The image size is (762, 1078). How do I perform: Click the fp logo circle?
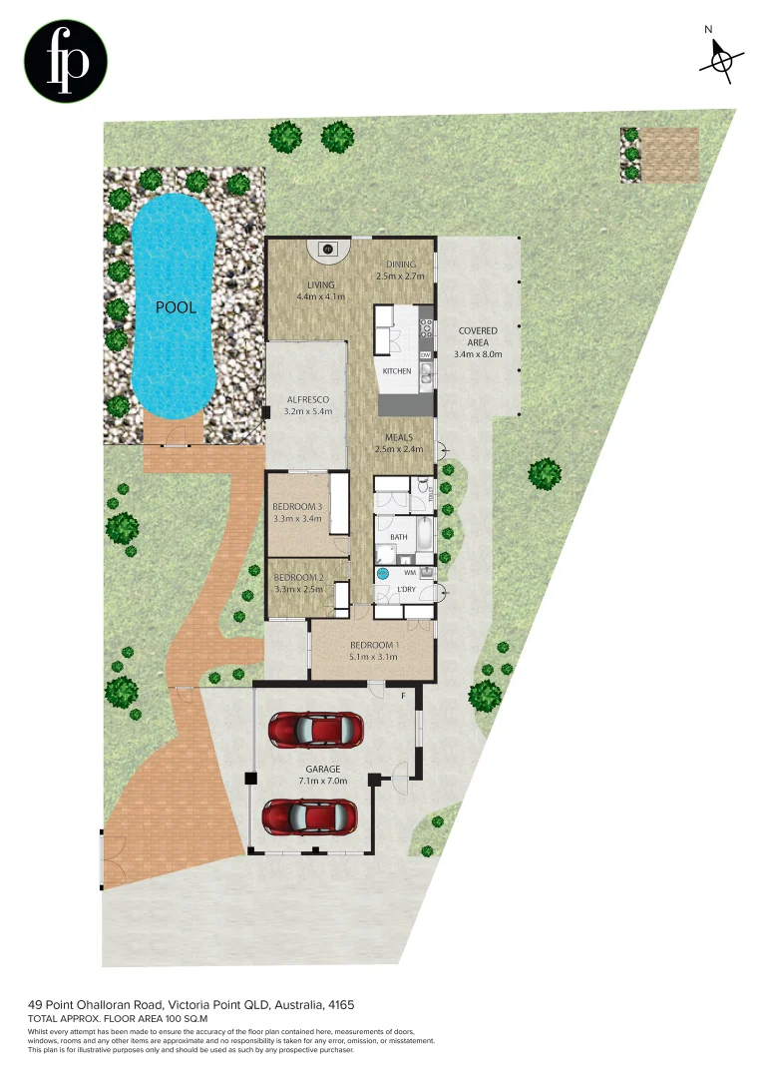(66, 61)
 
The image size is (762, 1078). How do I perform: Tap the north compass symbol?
(718, 59)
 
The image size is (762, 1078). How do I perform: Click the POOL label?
(176, 307)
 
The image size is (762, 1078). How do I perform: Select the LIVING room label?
(320, 285)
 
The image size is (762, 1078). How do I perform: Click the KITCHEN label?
(397, 371)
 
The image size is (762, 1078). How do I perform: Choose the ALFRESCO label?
(307, 399)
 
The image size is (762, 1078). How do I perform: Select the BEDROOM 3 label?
(297, 507)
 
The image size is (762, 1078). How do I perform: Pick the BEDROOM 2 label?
(298, 578)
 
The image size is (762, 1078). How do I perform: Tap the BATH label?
(399, 537)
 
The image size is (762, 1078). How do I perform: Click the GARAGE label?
(323, 770)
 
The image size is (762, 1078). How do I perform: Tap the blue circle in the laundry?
(382, 574)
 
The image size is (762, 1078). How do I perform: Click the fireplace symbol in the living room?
(327, 249)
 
